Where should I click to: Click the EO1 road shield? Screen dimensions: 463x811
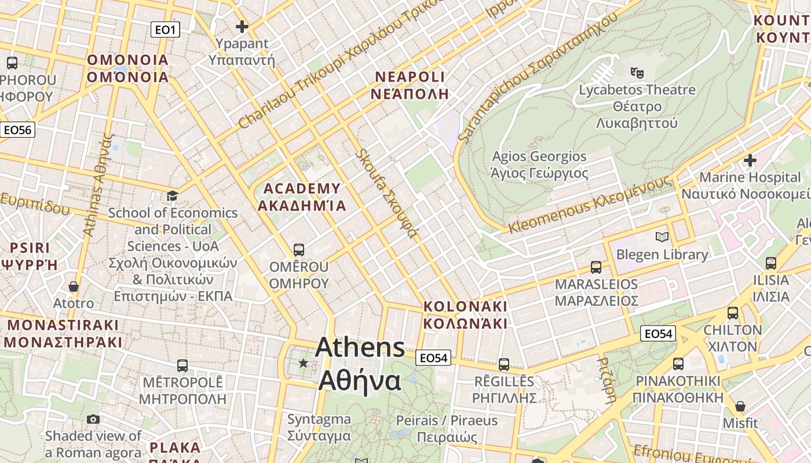tap(165, 30)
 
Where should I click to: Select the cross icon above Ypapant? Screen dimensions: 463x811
tap(242, 27)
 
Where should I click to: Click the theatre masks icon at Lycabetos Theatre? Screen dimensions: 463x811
tap(637, 73)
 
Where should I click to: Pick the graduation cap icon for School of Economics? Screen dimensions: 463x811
tap(172, 196)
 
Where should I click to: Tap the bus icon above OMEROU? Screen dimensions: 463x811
tap(298, 250)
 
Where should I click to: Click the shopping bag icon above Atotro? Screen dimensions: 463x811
tap(74, 286)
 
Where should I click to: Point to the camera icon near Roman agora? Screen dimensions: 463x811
tap(93, 419)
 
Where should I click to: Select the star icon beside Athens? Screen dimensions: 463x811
tap(303, 363)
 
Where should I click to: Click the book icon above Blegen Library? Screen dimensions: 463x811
tap(662, 237)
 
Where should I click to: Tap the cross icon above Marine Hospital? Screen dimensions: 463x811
tap(750, 160)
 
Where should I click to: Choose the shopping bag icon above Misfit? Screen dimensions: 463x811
tap(740, 406)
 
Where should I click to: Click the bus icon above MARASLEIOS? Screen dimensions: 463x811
tap(596, 267)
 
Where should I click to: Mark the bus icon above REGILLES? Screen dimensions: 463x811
tap(504, 365)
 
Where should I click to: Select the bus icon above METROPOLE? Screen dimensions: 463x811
tap(182, 366)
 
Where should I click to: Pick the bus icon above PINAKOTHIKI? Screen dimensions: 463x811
tap(678, 364)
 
